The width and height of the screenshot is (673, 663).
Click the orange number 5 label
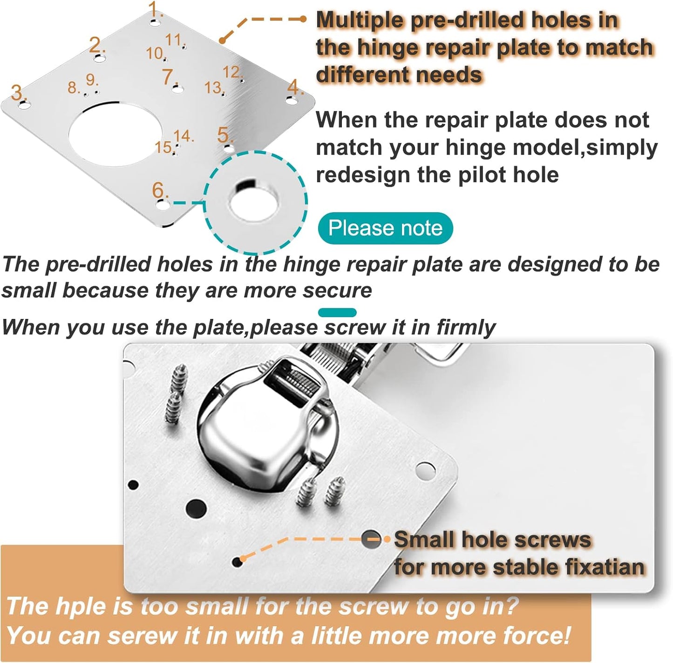tap(224, 135)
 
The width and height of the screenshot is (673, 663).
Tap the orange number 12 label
tap(232, 72)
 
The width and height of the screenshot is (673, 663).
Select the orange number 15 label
tap(164, 147)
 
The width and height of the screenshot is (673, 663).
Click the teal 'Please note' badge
tap(385, 228)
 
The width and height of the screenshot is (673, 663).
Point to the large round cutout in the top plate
tap(115, 135)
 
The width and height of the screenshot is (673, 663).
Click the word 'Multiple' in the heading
tap(360, 20)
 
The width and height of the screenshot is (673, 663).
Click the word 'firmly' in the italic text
tap(466, 327)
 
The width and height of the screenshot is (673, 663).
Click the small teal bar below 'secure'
tap(338, 312)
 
